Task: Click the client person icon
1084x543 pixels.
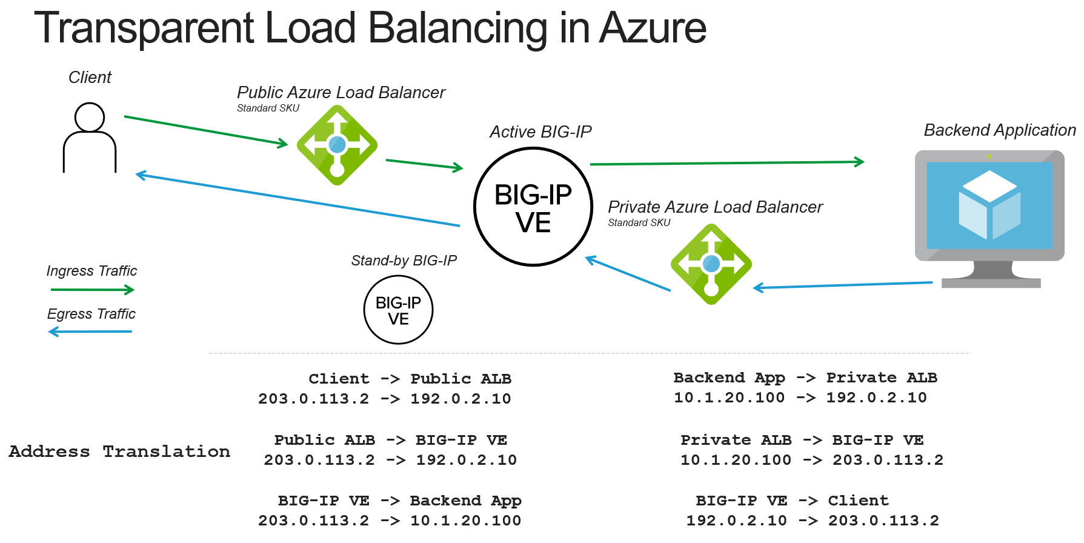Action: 90,138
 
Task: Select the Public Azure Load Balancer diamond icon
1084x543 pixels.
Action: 337,145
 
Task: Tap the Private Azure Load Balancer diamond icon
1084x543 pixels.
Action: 711,264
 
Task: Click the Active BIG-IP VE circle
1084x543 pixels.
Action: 533,207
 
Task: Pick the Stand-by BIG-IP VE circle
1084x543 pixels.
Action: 398,310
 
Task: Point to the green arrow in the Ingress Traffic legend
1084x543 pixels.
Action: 92,290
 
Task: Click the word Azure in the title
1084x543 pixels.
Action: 653,28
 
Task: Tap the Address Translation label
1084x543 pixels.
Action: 119,451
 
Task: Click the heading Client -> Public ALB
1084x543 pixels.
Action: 410,379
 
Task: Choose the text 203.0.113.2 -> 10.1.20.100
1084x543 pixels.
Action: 390,521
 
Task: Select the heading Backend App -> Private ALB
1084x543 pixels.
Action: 805,378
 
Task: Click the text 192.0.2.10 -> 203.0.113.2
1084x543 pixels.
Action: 812,521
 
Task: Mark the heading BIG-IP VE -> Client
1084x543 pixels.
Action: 792,501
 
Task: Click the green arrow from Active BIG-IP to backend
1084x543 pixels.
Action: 727,163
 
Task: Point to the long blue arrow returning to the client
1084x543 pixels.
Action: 297,200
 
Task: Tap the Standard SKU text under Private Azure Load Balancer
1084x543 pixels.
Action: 639,222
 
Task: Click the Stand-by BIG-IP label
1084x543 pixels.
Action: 404,261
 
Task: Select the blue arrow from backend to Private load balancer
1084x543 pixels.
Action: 842,285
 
